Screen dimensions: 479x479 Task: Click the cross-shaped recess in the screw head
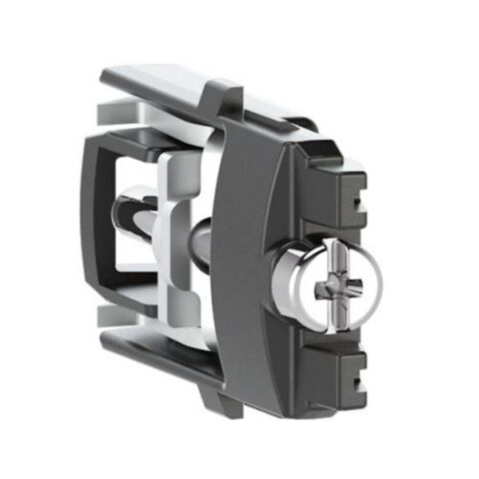click(333, 288)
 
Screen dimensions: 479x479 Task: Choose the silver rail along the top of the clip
click(165, 85)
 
